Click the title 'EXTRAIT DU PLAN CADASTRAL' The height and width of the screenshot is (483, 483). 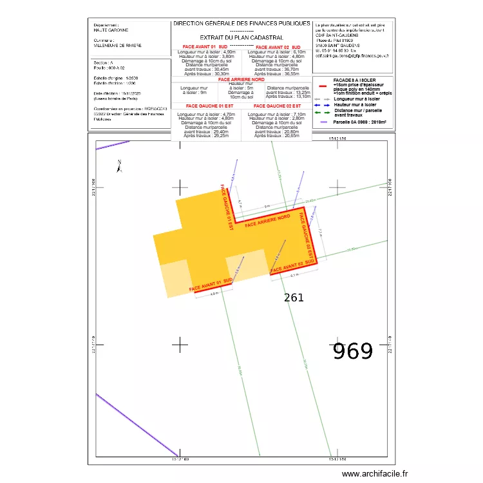(x=241, y=38)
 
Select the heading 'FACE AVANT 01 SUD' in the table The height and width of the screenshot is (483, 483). (x=205, y=48)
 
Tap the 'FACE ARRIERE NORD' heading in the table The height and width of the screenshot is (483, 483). (x=241, y=80)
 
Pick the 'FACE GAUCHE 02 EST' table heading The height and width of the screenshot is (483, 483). (x=276, y=105)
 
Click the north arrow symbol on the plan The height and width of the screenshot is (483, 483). (x=119, y=166)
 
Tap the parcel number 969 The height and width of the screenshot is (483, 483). (x=352, y=352)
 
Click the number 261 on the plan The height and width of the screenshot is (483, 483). (x=294, y=298)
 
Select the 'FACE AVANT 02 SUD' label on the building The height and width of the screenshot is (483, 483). (x=292, y=266)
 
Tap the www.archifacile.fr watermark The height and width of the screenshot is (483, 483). (x=375, y=473)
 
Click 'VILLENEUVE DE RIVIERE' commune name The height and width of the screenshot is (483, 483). (x=118, y=46)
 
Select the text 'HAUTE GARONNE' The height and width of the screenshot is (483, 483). (x=111, y=30)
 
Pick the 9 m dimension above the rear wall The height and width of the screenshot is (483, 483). (x=267, y=207)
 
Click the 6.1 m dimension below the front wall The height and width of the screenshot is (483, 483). (x=294, y=276)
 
